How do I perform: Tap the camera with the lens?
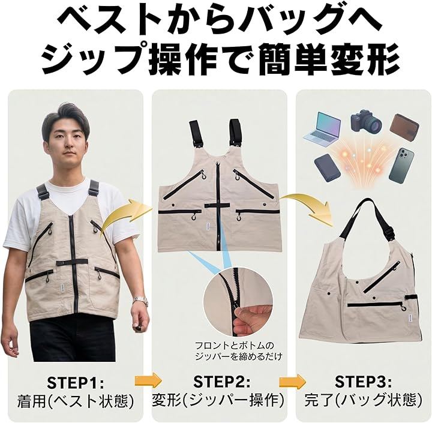(x=367, y=122)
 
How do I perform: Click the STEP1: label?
(x=76, y=382)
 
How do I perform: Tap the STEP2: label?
(x=222, y=382)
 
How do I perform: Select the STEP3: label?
(x=363, y=382)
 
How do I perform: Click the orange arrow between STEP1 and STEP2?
(x=148, y=380)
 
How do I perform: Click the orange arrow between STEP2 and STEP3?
(x=292, y=382)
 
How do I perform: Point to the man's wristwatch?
(x=140, y=301)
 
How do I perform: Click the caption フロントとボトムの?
(x=235, y=346)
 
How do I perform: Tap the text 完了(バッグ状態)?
(x=363, y=401)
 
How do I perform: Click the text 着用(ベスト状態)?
(x=76, y=401)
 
